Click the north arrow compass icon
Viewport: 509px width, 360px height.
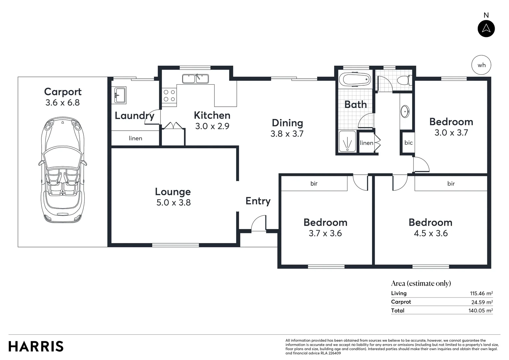coord(486,29)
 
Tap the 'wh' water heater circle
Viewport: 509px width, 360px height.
coord(481,65)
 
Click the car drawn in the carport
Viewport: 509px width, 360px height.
coord(63,170)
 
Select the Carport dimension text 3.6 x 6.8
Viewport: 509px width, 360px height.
coord(63,103)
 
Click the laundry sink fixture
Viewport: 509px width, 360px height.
coord(120,95)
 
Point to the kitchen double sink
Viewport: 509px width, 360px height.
coord(195,79)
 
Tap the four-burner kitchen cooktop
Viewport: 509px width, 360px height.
coord(169,96)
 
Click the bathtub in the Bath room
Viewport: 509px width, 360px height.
coord(355,80)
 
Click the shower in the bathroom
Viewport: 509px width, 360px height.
coord(347,142)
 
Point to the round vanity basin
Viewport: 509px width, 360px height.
coord(405,112)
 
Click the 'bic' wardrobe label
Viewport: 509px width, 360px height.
coord(408,143)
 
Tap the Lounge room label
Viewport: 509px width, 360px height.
coord(173,192)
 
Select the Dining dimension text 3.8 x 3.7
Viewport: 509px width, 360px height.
coord(287,134)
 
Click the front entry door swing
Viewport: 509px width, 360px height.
coord(259,223)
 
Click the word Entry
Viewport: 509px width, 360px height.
coord(258,201)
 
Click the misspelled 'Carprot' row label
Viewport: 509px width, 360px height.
coord(401,302)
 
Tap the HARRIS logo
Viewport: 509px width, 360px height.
coord(36,346)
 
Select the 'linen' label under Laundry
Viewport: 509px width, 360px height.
coord(135,138)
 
